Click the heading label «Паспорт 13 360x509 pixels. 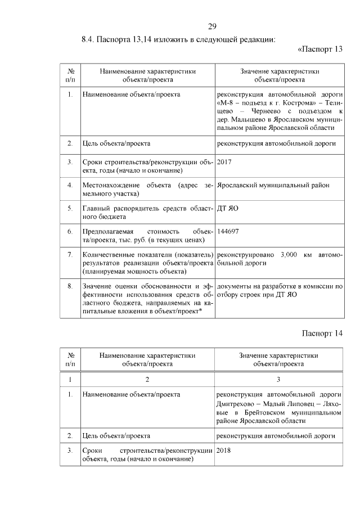click(x=319, y=49)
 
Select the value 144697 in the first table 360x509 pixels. click(x=228, y=231)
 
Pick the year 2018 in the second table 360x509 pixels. click(x=224, y=451)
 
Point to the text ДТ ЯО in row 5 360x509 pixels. click(x=228, y=208)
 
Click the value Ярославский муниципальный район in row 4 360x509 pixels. click(x=273, y=185)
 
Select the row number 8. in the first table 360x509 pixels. click(x=70, y=286)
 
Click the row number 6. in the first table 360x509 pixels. click(x=70, y=231)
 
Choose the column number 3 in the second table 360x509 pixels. click(x=278, y=379)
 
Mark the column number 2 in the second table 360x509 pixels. click(x=147, y=379)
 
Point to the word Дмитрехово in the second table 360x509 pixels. click(x=236, y=403)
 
